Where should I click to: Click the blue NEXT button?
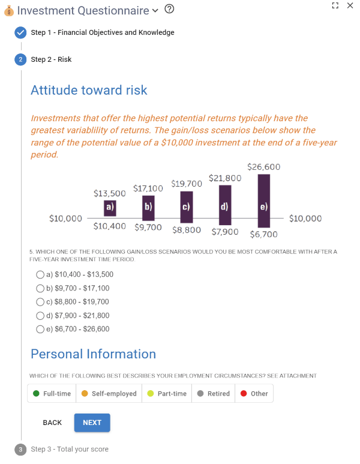[92, 422]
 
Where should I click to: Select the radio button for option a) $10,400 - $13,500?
[40, 274]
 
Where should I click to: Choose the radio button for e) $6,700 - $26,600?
[40, 329]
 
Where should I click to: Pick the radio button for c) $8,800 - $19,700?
[40, 302]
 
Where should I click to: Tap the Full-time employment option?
[52, 393]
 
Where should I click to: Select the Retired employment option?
[213, 393]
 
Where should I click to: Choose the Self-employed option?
[109, 393]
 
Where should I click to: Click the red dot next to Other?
[244, 393]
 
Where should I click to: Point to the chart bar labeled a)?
[110, 208]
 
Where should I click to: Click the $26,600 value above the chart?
[264, 167]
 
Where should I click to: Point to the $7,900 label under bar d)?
[225, 232]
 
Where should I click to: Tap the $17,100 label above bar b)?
[148, 188]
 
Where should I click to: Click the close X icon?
[350, 5]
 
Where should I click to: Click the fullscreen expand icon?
[335, 5]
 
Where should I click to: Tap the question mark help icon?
[169, 9]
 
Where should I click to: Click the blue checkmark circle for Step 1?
[20, 32]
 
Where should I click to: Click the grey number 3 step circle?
[20, 450]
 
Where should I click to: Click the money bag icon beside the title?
[9, 11]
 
